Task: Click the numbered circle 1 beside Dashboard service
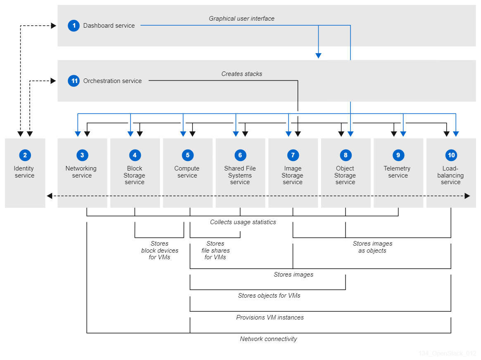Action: coord(74,26)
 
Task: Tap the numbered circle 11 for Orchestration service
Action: coord(74,81)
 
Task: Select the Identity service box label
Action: coord(24,172)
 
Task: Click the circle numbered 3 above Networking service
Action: coord(82,155)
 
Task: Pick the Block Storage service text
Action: coord(135,175)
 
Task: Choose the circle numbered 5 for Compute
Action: coord(188,155)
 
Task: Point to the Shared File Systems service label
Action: coord(240,175)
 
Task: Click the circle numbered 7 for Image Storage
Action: coord(293,155)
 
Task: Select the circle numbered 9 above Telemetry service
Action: coord(398,155)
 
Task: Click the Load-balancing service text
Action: coord(450,175)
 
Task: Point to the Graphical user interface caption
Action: coord(241,19)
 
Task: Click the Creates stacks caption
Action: coord(242,74)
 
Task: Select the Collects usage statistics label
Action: coord(243,222)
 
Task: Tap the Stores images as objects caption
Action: coord(372,247)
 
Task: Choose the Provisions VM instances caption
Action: coord(270,317)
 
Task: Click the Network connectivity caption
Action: coord(269,339)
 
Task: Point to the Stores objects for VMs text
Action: coord(269,296)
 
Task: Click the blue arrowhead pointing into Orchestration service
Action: coord(318,55)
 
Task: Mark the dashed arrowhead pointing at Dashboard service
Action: coord(53,26)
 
